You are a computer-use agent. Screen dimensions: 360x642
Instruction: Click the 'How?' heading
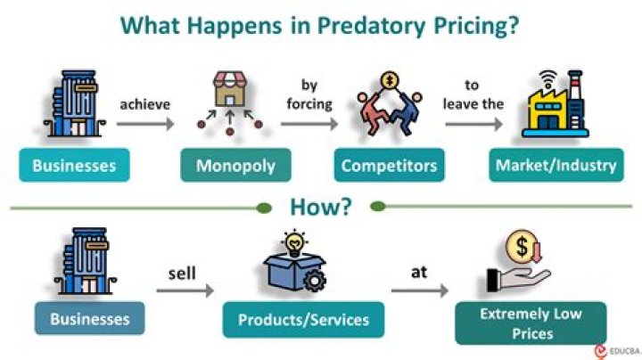pos(321,208)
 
